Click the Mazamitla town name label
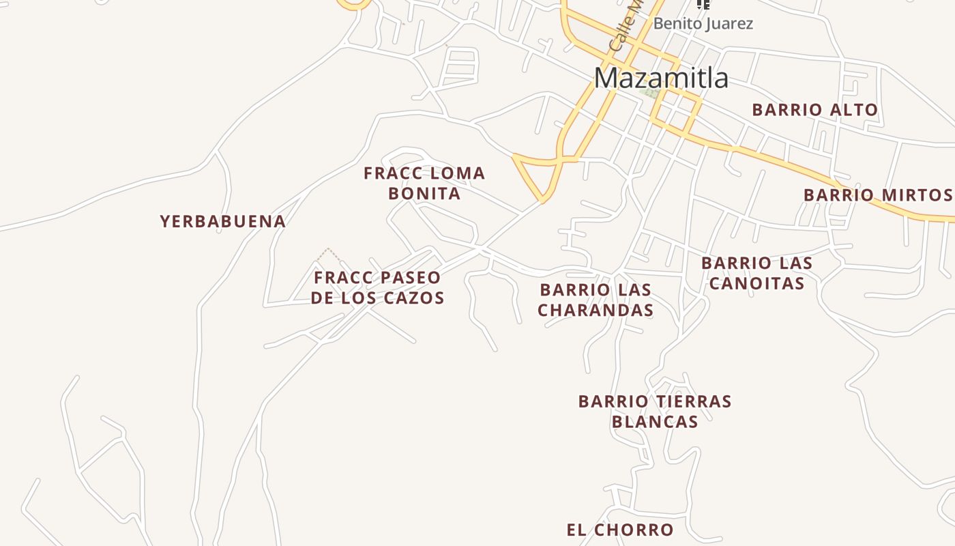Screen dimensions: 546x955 [x=661, y=78]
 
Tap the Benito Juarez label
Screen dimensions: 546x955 [x=703, y=24]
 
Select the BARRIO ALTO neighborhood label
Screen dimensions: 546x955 [x=814, y=110]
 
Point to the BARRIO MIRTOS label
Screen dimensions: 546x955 [x=877, y=195]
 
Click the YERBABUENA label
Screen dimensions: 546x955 [x=223, y=221]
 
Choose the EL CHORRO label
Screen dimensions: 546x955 [x=620, y=530]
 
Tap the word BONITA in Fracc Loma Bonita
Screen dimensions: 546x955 [x=424, y=194]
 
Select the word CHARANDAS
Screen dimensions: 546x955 [x=596, y=311]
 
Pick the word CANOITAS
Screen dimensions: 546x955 [x=756, y=283]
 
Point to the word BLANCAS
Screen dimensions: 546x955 [x=655, y=422]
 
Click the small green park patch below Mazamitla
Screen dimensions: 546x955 [x=651, y=93]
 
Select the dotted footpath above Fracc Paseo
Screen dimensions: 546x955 [x=328, y=254]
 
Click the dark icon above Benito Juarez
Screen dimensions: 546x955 [x=703, y=4]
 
